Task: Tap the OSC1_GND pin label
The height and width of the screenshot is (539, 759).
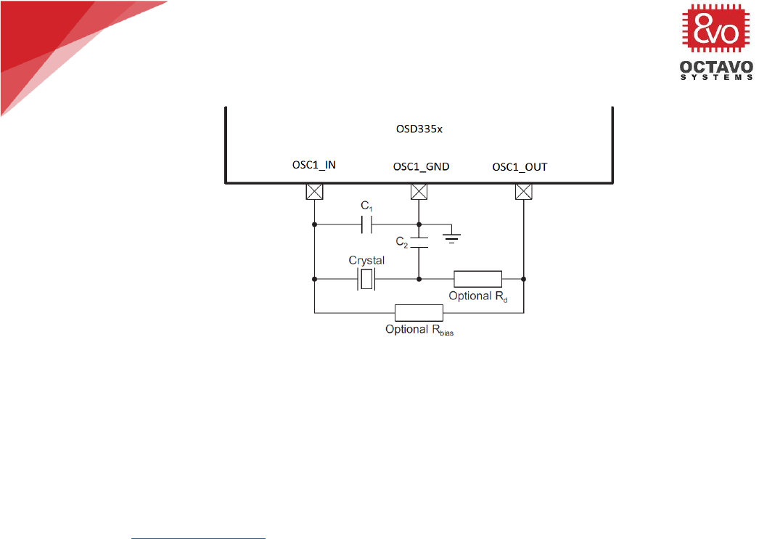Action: coord(421,166)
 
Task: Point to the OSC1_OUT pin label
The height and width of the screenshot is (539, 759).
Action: coord(520,166)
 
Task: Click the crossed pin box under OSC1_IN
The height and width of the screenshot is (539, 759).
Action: coord(314,192)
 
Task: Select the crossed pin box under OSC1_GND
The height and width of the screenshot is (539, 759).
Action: coord(419,192)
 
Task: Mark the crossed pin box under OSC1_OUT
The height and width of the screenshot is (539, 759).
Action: coord(523,192)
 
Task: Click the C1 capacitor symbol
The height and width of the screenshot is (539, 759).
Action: coord(366,225)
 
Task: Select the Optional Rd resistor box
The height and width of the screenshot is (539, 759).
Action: coord(477,278)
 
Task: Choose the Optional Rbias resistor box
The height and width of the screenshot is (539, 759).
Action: coord(419,313)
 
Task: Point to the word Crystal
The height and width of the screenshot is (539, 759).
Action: coord(366,260)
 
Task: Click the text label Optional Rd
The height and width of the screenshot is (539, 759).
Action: coord(477,296)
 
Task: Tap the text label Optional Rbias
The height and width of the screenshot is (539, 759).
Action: coord(419,331)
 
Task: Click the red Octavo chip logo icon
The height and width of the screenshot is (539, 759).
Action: coord(716,31)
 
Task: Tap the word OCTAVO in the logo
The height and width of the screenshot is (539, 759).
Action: coord(716,68)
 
